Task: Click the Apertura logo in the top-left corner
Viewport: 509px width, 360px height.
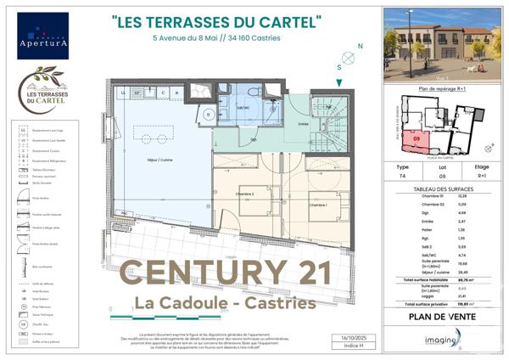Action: pos(42,35)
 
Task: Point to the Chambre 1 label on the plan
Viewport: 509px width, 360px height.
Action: pos(318,205)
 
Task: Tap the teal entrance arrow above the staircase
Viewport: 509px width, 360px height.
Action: pos(340,82)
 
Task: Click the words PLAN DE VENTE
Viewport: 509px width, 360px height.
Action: pos(442,316)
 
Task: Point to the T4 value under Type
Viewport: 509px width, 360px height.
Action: pos(403,177)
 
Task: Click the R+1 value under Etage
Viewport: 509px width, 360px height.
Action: pos(482,177)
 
